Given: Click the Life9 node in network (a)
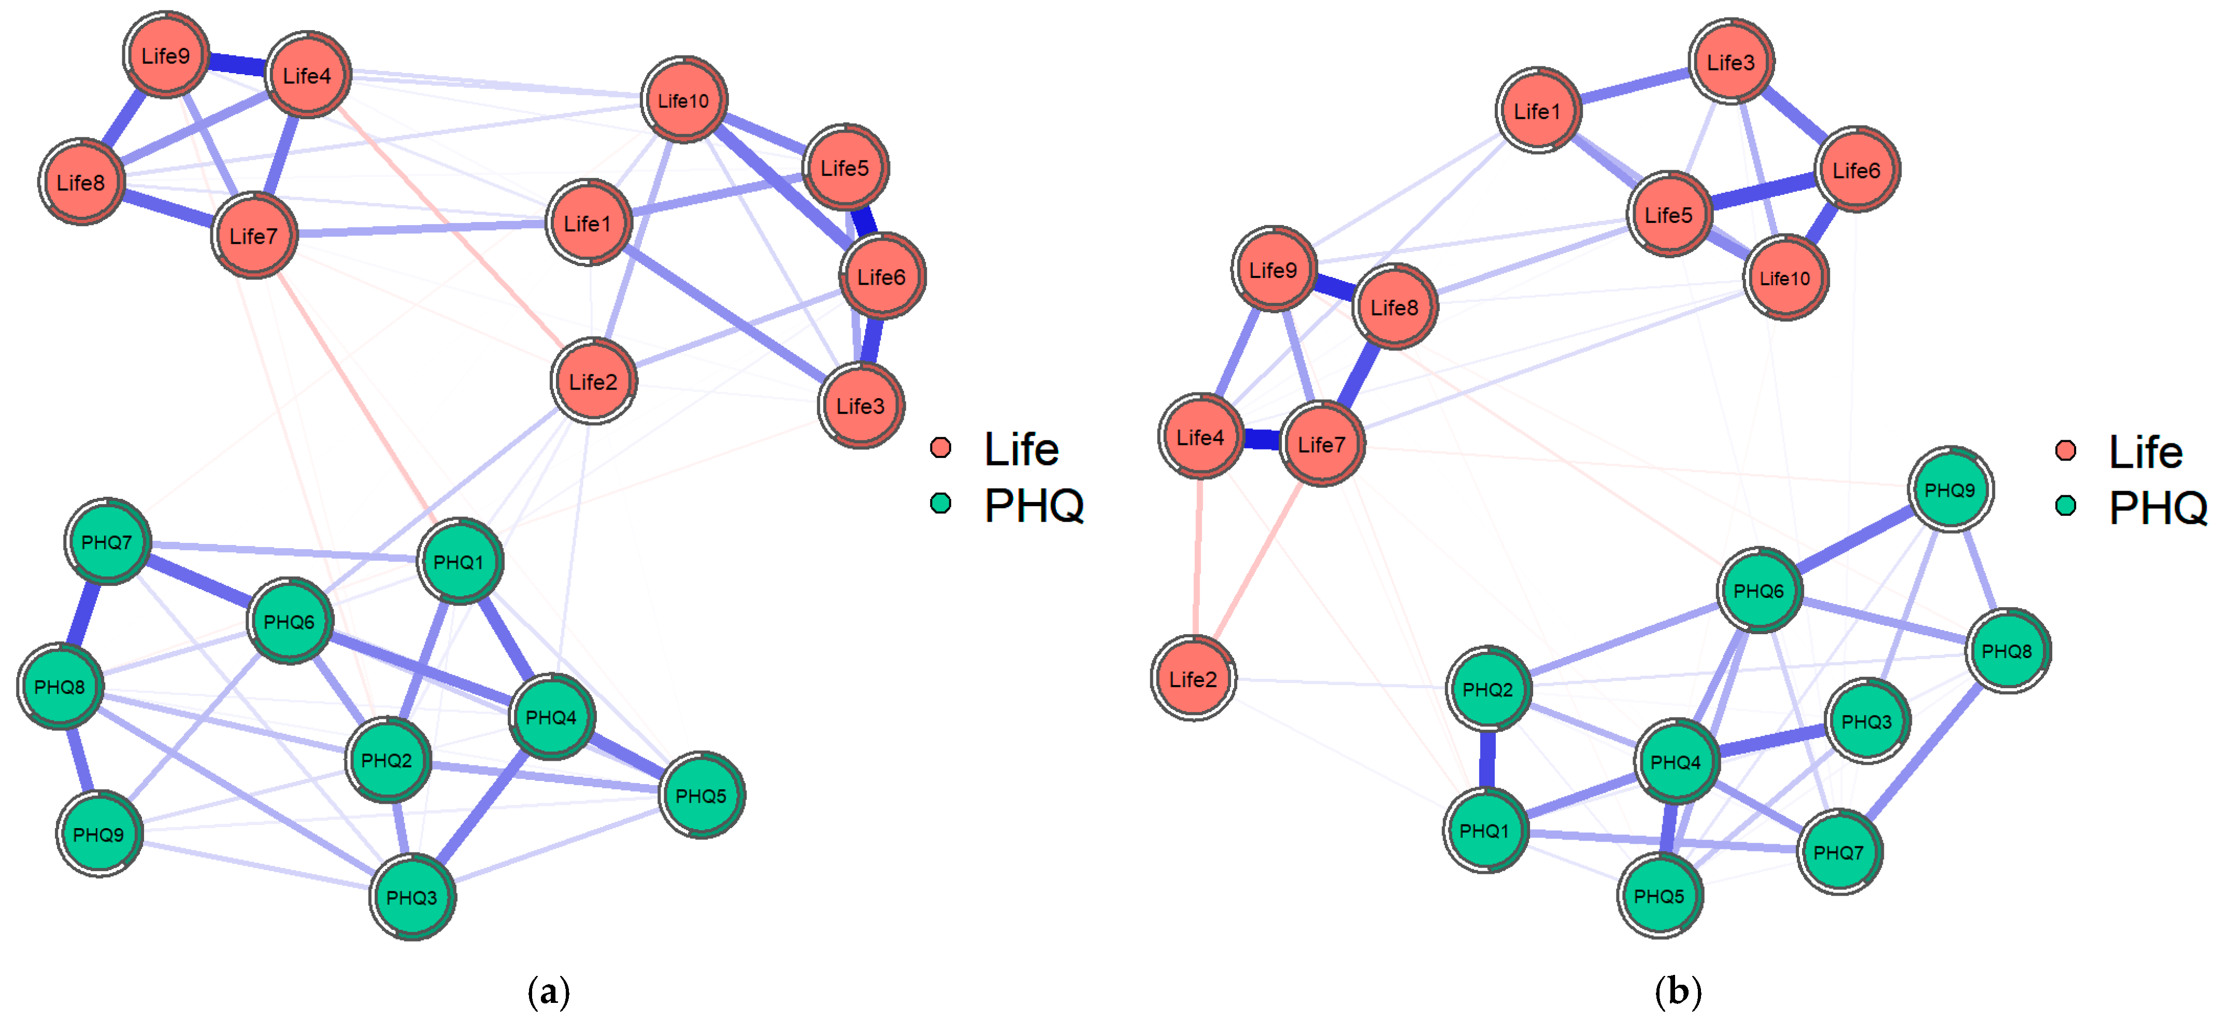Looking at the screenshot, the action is point(165,56).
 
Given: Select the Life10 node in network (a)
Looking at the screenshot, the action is point(684,101).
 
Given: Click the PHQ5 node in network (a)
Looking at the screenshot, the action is point(701,795).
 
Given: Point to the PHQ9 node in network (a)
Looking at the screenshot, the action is point(99,834).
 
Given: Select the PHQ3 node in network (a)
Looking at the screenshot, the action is point(412,897).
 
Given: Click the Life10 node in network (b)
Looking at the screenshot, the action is point(1785,278).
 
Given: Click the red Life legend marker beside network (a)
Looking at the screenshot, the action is point(940,448).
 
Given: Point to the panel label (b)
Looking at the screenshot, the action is point(1678,991).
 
